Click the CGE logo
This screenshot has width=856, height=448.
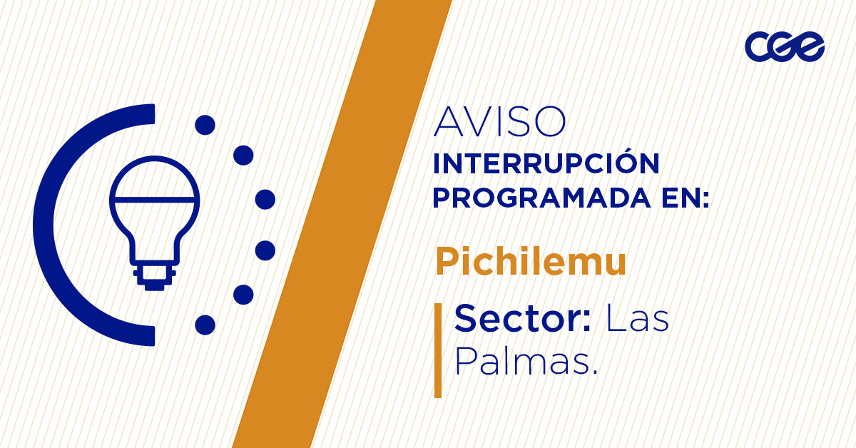coord(784,48)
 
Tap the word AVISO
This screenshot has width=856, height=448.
coord(499,123)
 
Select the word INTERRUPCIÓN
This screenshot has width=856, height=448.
coord(546,165)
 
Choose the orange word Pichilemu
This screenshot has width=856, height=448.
coord(531,263)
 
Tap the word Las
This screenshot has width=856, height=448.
coord(637,319)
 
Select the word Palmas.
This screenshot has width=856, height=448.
coord(525,363)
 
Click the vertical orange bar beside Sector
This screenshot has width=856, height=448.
coord(438,350)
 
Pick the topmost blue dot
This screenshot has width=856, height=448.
coord(205,126)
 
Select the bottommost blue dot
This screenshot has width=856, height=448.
coord(205,325)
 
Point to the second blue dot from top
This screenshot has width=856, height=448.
coord(244,155)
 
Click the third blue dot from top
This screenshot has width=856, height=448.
coord(265,199)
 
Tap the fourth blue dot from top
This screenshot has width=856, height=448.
coord(265,250)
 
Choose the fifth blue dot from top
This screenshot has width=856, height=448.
coord(244,294)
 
